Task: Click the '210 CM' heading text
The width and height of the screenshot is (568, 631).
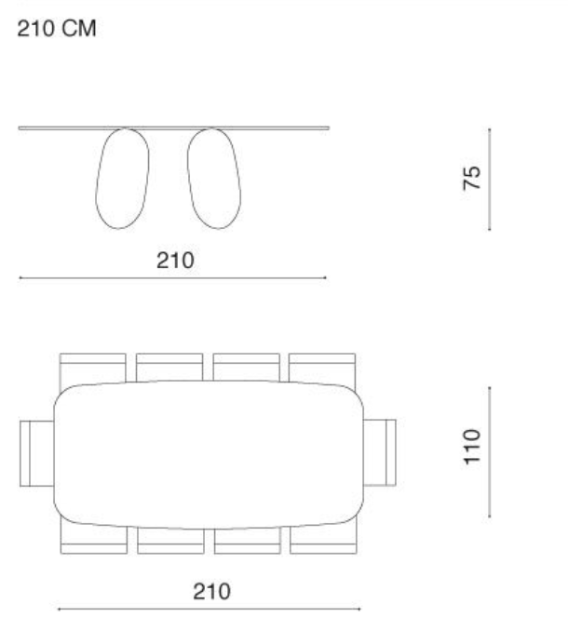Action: (57, 29)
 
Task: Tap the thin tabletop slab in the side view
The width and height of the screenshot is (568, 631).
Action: (174, 128)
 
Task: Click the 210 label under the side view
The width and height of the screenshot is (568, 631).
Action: (175, 261)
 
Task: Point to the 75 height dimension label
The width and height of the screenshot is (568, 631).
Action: (471, 178)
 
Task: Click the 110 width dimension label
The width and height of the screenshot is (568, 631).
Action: (472, 447)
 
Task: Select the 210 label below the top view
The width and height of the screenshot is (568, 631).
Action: (211, 592)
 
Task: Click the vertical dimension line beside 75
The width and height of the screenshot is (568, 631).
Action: (490, 180)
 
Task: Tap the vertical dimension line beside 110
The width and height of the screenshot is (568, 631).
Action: (490, 452)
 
